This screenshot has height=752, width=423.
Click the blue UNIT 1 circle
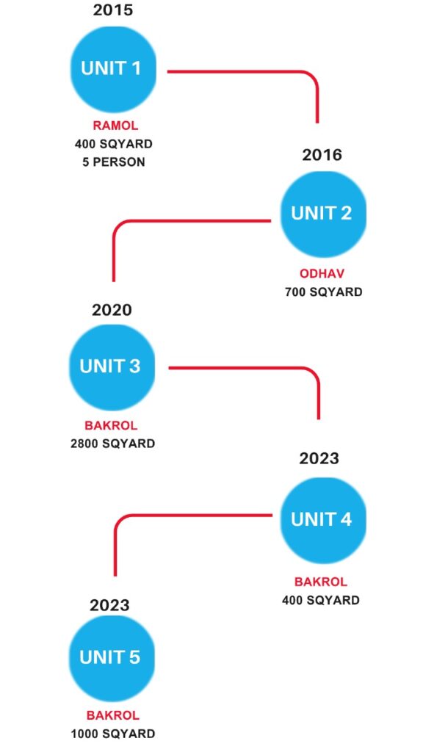point(113,68)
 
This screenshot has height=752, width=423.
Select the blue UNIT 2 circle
point(323,214)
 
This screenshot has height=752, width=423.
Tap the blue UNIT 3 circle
point(112,367)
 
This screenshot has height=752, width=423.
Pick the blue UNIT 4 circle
point(323,520)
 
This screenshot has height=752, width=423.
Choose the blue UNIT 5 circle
point(112,658)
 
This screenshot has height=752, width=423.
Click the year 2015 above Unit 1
point(112,10)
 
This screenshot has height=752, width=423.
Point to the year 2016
point(322,155)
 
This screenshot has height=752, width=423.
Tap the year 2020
point(112,310)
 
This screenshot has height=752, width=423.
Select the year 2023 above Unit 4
point(319,458)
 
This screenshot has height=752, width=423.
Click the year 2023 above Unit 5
point(109,605)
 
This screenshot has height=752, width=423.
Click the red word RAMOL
point(115,126)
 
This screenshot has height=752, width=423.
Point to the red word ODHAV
point(322,273)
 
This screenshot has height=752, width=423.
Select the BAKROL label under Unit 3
point(112,425)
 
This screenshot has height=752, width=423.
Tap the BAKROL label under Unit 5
point(113,715)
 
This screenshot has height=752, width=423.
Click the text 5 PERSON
point(114,162)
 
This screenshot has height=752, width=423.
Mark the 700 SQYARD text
point(324,292)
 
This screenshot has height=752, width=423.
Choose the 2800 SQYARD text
point(112,444)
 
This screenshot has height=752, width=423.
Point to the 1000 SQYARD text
point(113,734)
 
